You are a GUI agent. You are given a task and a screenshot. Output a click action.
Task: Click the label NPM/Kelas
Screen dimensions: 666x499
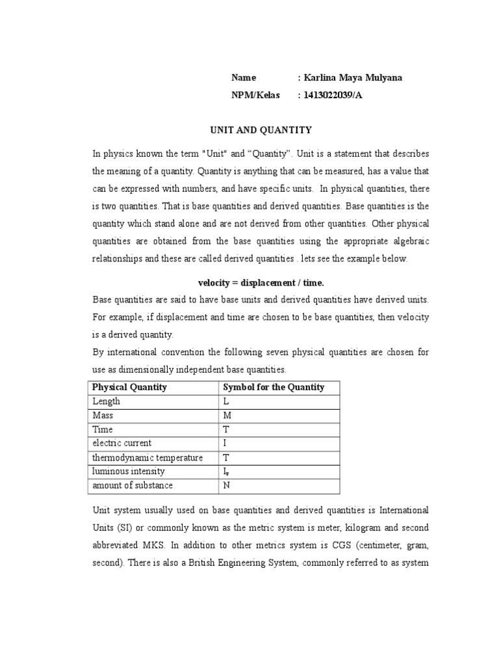[255, 95]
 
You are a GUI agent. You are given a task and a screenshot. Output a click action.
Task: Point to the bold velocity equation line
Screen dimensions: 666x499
[261, 283]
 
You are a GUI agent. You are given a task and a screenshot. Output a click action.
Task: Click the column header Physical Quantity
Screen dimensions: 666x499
[129, 387]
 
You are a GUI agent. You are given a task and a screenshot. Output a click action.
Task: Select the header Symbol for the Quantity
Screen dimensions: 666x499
[274, 387]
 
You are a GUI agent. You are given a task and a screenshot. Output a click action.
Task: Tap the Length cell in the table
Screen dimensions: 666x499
[107, 401]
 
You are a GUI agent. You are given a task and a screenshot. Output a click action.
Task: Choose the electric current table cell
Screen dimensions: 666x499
[122, 444]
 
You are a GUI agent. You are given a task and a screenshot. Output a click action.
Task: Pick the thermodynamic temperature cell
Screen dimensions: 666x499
[147, 458]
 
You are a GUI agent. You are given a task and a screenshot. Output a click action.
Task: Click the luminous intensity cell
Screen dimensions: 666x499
[129, 472]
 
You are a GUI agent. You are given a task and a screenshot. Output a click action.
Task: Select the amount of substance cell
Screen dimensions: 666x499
[133, 486]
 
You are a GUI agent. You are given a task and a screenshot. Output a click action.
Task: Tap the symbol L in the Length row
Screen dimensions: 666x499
[226, 402]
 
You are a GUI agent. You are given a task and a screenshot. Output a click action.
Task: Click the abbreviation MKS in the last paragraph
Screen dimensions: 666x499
[151, 545]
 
